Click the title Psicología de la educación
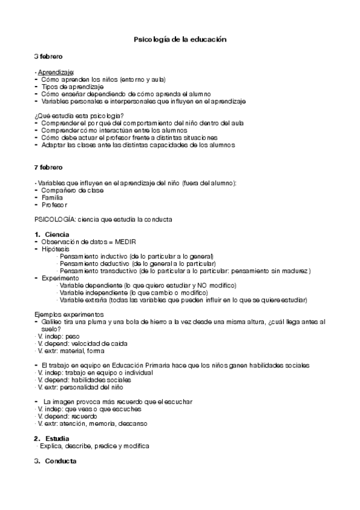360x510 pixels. tap(179, 40)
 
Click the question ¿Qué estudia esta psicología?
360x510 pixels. tap(79, 116)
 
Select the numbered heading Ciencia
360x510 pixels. tap(57, 234)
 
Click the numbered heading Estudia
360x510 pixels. tap(57, 438)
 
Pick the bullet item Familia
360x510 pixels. tap(52, 197)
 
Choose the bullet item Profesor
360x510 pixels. tap(55, 204)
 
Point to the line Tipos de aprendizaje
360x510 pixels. tap(69, 87)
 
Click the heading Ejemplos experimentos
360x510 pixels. tap(69, 315)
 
